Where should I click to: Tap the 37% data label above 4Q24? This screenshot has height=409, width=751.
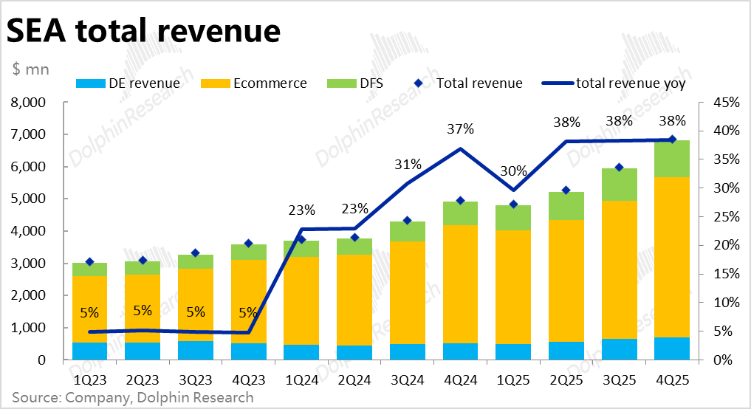tap(459, 129)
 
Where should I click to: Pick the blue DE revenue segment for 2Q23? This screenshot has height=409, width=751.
tap(143, 351)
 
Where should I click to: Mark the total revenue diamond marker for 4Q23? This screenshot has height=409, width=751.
tap(248, 243)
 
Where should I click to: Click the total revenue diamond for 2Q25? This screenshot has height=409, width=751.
tap(566, 190)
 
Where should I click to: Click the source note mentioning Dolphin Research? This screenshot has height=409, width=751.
tap(132, 398)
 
